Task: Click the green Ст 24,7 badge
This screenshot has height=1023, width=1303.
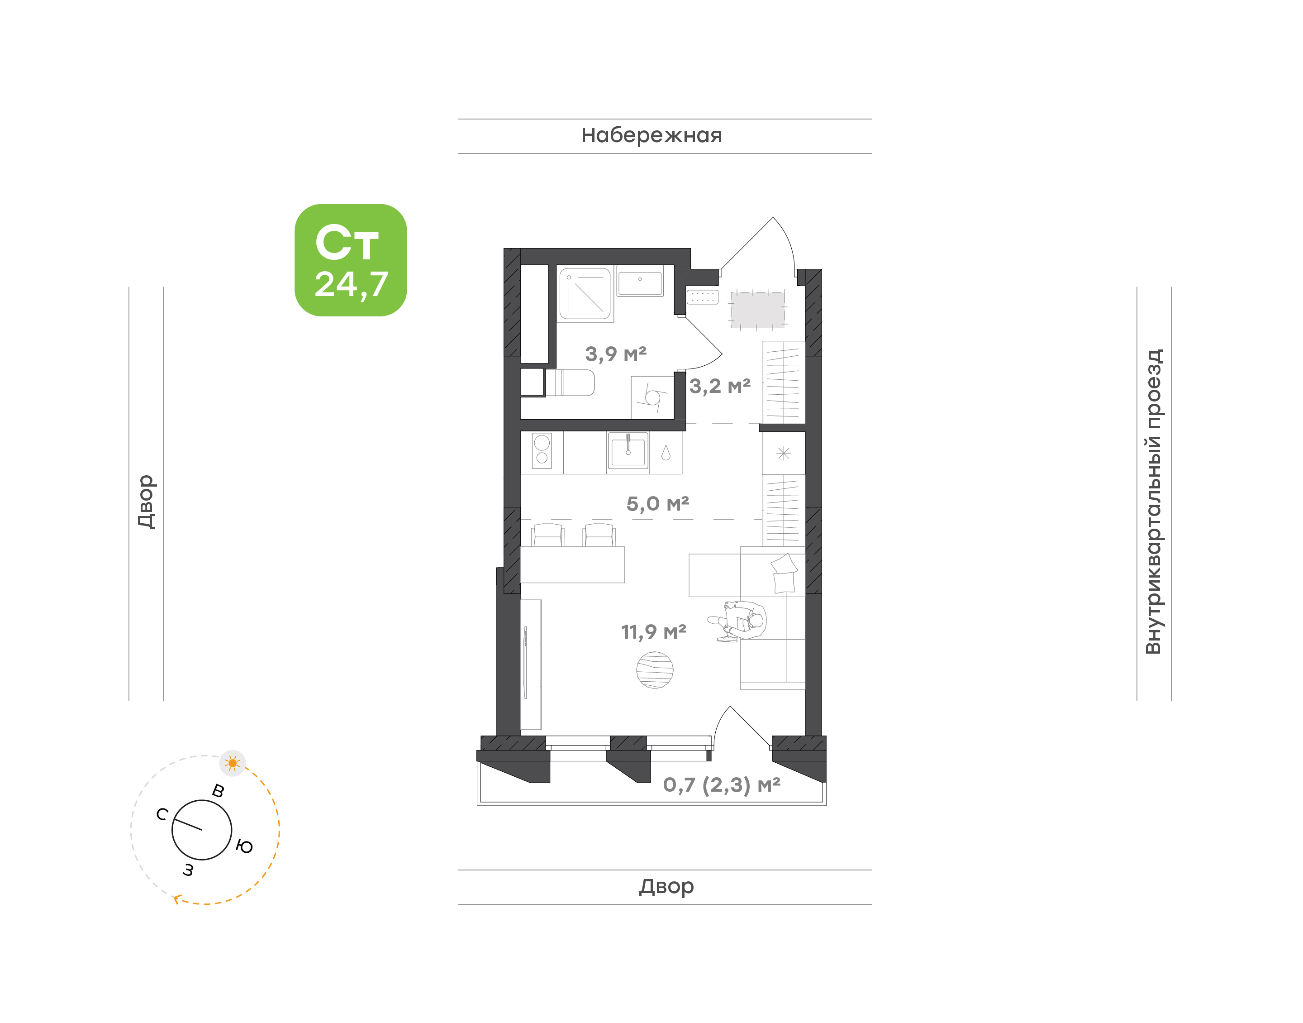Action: [x=350, y=260]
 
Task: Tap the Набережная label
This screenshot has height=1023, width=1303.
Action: [x=651, y=136]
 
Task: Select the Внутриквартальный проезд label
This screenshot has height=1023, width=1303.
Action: [x=1153, y=502]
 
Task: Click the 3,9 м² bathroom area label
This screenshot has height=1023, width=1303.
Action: [x=615, y=354]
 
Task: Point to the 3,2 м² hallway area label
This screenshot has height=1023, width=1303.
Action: [x=720, y=386]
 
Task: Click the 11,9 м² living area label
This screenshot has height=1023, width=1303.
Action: [x=654, y=631]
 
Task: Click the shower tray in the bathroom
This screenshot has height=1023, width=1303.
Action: [x=585, y=293]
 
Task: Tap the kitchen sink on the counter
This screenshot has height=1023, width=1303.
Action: [x=628, y=449]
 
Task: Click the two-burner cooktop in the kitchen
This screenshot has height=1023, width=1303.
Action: [x=542, y=450]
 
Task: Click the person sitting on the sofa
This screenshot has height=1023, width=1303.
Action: [x=740, y=621]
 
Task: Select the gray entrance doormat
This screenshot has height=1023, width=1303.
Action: [x=758, y=310]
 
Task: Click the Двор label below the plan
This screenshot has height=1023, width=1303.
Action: [x=666, y=886]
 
